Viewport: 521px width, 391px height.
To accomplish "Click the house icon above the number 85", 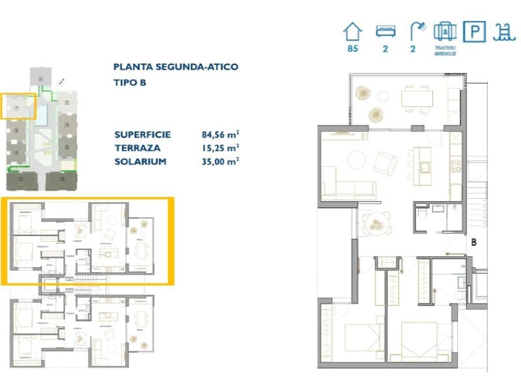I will point(352,30).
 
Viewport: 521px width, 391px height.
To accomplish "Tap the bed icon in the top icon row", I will point(385,31).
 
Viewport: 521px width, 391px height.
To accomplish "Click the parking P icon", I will point(474,31).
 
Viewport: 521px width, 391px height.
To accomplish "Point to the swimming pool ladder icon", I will point(502,31).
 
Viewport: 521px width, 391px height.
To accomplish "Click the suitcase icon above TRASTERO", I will point(445,31).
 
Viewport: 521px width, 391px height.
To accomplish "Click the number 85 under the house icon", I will point(352,49).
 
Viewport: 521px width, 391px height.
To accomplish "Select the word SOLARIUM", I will point(139,161).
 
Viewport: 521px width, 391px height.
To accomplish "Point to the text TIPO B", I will point(130,82).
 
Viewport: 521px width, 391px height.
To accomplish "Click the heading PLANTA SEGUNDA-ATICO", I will point(175,66).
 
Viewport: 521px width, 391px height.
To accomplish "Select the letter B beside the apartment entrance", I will point(474,242).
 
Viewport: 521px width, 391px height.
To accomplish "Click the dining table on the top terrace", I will point(417,98).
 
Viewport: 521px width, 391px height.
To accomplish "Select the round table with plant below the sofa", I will point(376,224).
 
